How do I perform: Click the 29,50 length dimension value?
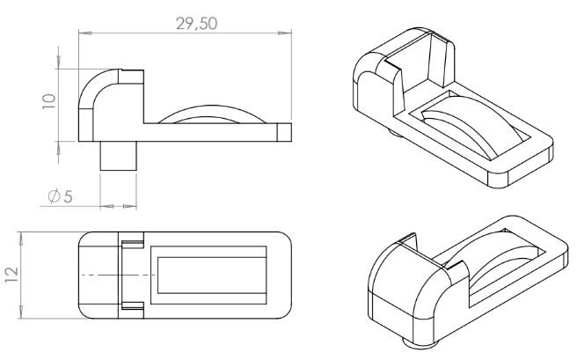click(x=196, y=24)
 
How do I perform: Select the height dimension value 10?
click(x=49, y=101)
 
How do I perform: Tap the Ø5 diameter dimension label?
click(x=61, y=196)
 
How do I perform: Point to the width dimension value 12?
click(x=11, y=275)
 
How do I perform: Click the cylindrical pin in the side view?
click(x=119, y=155)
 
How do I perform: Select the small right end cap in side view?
click(x=284, y=132)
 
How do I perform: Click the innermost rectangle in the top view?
click(x=212, y=276)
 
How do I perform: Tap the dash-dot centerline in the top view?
click(x=119, y=275)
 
